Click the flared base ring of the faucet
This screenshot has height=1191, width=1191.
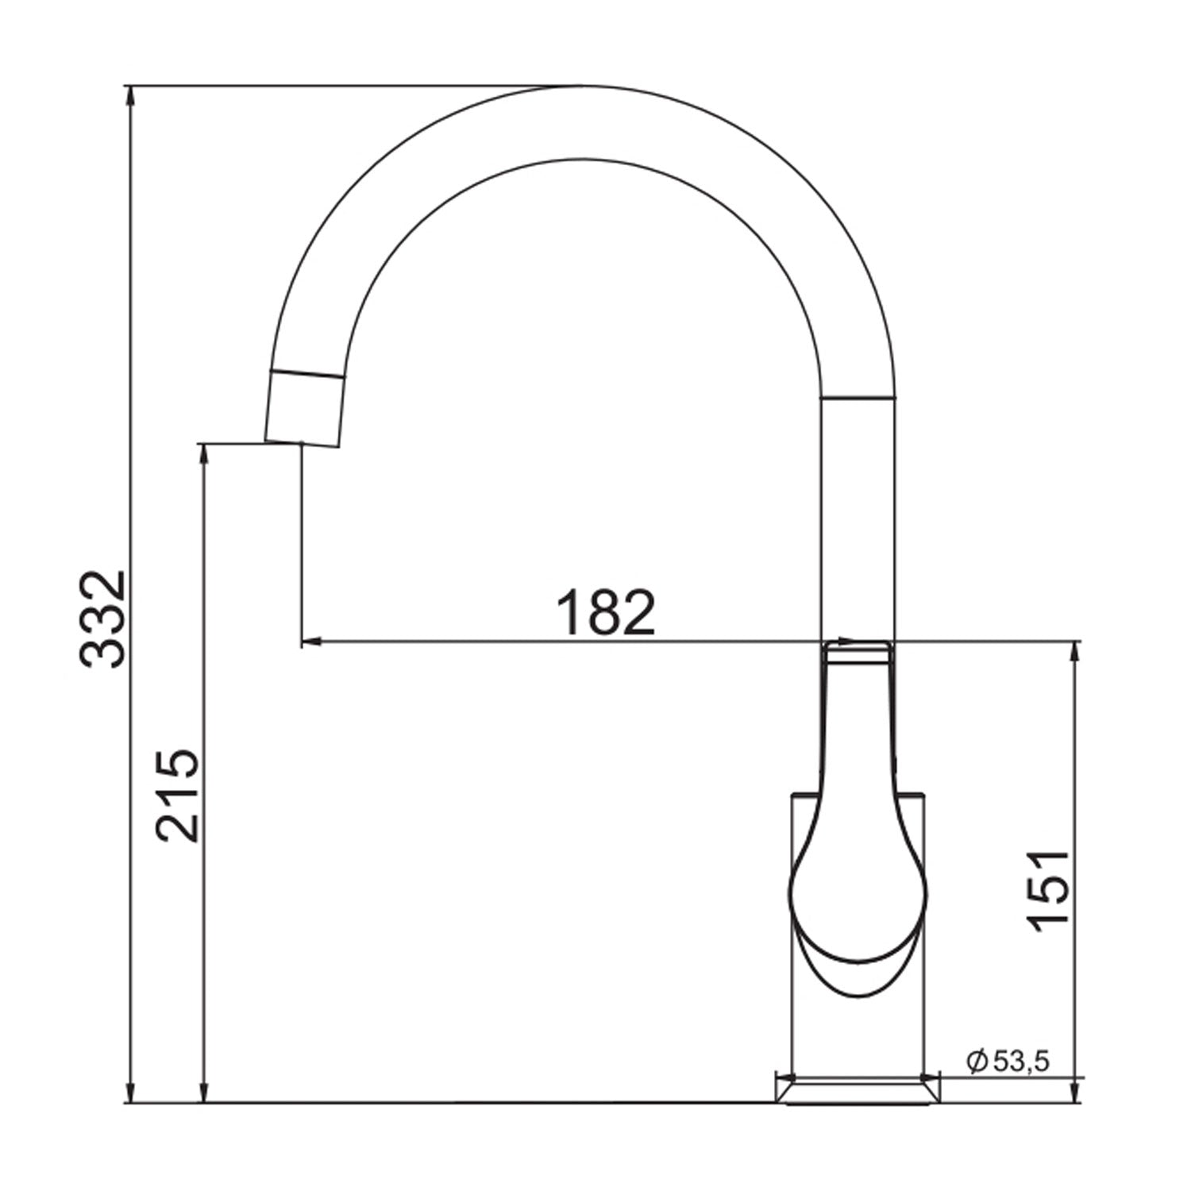858,1089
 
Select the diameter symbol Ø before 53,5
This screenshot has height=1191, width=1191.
977,1061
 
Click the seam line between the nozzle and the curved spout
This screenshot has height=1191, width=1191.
308,373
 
